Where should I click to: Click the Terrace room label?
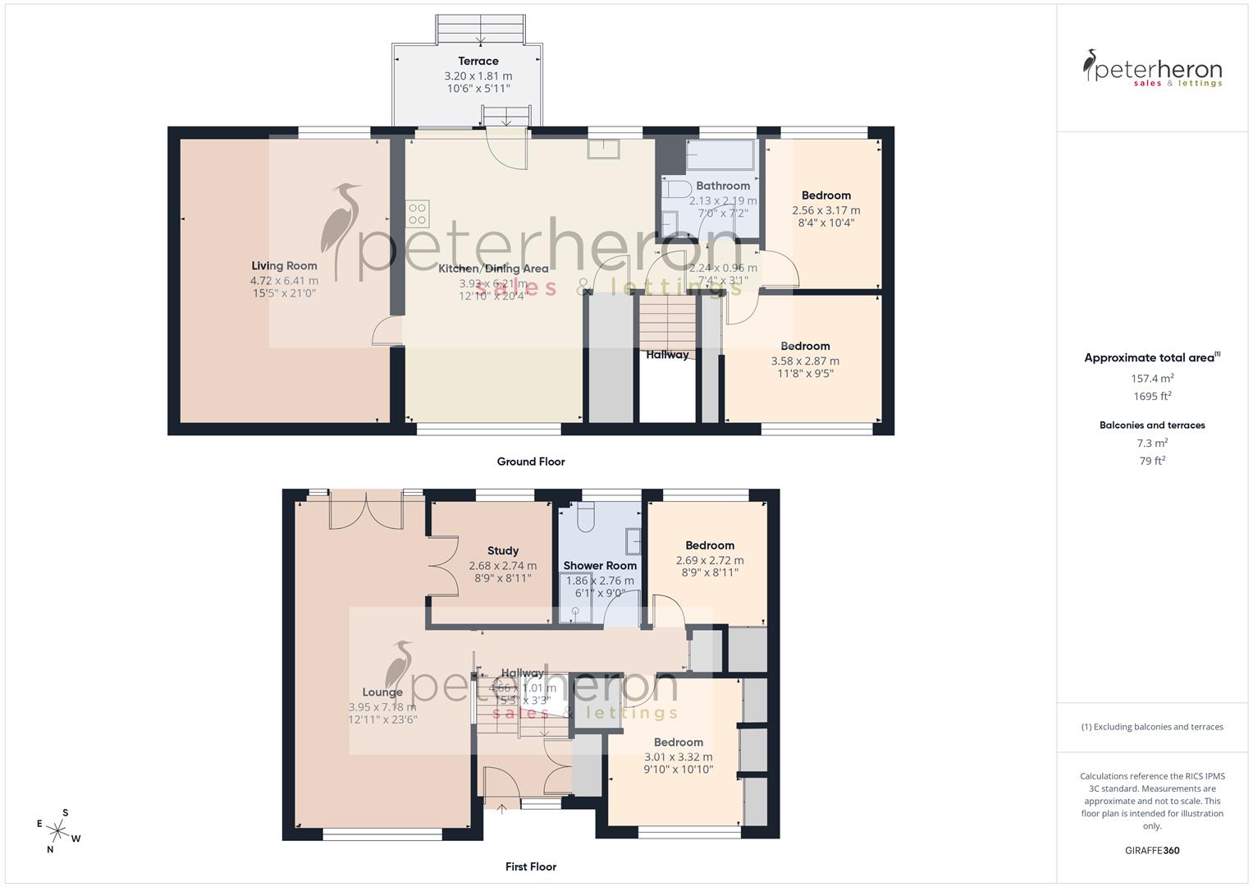pos(478,61)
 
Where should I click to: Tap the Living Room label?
pos(284,265)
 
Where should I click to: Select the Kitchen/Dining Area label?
pos(493,269)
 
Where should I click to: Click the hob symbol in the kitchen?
pos(417,214)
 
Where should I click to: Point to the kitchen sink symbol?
pos(604,148)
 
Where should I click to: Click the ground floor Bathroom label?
pos(723,186)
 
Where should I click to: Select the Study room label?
pos(502,551)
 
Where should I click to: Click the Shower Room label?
pos(600,566)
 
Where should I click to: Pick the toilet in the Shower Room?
pos(586,517)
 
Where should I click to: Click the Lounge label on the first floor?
pos(382,692)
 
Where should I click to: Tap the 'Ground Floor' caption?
pos(530,462)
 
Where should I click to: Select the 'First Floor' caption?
pos(530,866)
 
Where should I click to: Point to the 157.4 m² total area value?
pos(1152,379)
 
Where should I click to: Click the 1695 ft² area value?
pos(1152,396)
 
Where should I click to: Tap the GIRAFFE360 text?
pos(1152,851)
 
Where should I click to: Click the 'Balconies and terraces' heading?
pos(1152,425)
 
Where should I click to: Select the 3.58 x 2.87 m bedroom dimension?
pos(805,361)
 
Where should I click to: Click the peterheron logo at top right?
pos(1152,69)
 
